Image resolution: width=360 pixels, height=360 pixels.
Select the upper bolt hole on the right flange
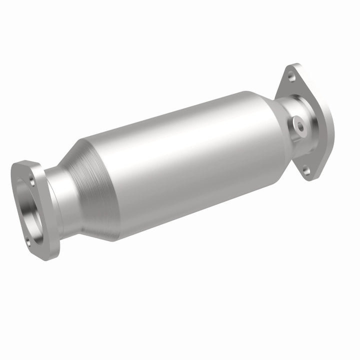pos(291,76)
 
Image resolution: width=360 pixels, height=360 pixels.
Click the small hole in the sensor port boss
pos(298,126)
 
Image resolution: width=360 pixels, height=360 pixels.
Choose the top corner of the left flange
pos(22,162)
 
